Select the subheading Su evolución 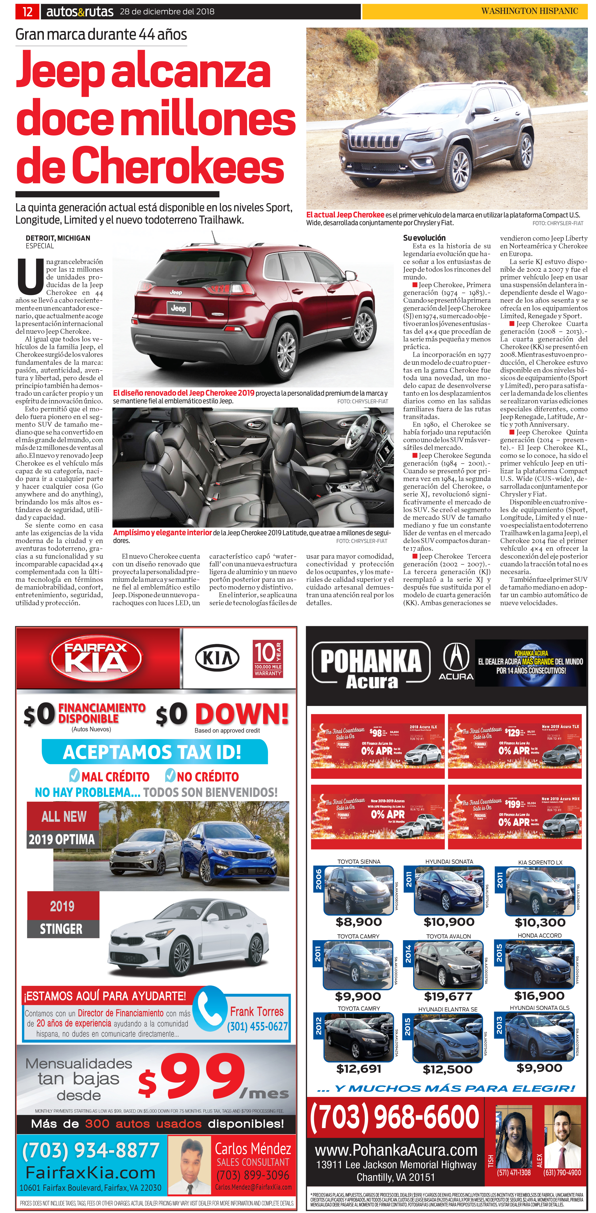(424, 238)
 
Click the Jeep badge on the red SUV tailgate (178, 308)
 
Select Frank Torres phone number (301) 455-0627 (257, 1027)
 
